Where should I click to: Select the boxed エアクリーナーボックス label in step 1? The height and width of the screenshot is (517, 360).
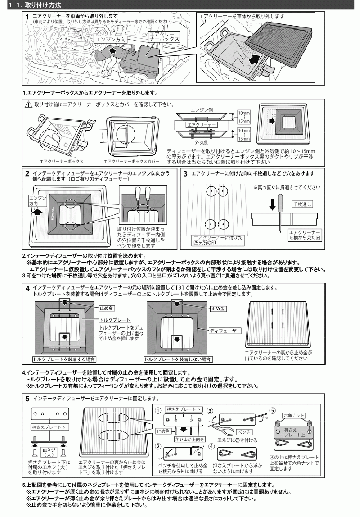pos(164,36)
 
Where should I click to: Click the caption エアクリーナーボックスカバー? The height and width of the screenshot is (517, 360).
pos(131,161)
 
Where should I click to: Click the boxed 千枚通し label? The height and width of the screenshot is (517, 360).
pos(302,204)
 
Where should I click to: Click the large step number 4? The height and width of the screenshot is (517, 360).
pos(28,288)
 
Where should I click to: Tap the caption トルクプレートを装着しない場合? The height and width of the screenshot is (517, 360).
pos(178,359)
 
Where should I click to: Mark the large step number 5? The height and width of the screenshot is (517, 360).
pos(28,399)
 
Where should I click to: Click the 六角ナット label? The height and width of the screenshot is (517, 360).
pos(294,415)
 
